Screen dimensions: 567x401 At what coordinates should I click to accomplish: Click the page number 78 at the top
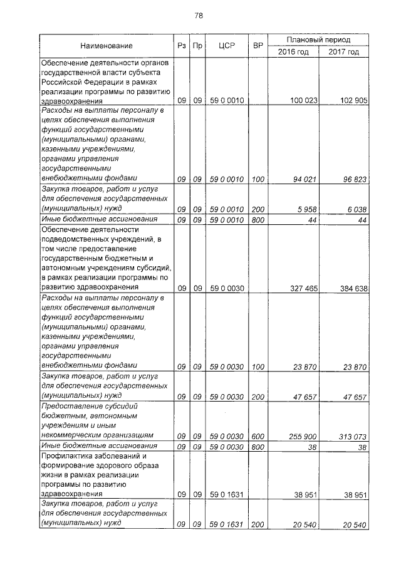tap(199, 15)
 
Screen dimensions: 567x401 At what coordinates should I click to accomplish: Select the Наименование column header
tap(106, 46)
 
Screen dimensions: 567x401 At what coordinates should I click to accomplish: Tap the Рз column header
tap(181, 46)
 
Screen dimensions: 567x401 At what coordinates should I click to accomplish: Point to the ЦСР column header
tap(226, 46)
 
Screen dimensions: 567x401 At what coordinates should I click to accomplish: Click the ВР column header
tap(257, 46)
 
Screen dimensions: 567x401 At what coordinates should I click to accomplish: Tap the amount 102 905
tap(352, 100)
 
